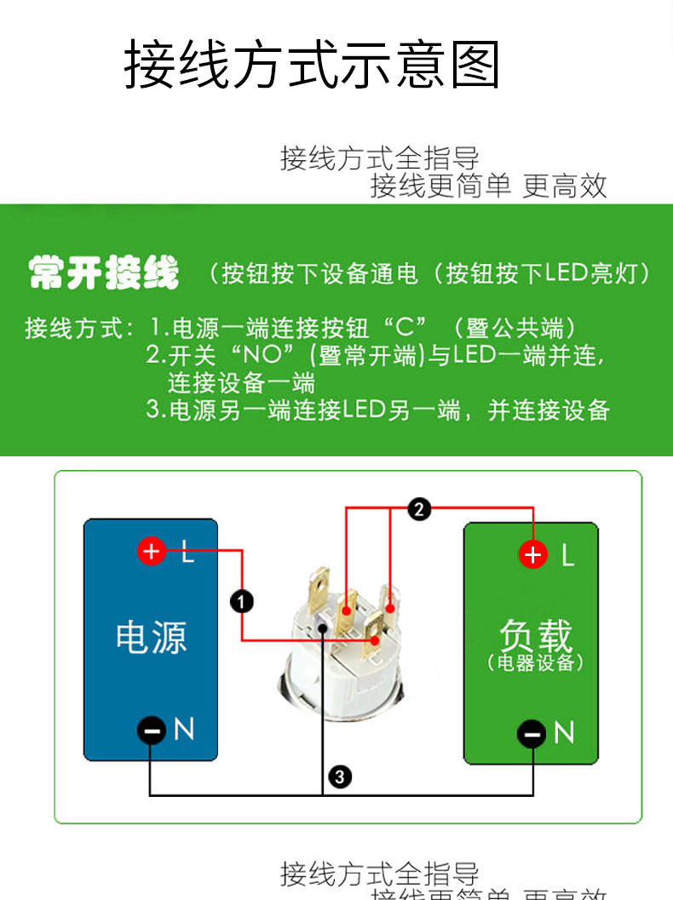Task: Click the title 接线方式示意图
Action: [x=312, y=65]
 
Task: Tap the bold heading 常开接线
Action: [x=104, y=273]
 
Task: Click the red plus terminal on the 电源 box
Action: [x=152, y=552]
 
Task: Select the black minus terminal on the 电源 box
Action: [x=152, y=730]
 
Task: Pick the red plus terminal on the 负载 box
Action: [x=533, y=555]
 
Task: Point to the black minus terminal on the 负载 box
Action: [x=533, y=732]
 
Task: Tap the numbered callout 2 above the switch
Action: [x=418, y=509]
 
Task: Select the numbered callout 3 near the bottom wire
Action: [x=339, y=776]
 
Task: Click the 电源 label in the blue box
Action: [x=151, y=637]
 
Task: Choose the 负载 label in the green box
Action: [x=535, y=634]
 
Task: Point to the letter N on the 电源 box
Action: [x=184, y=729]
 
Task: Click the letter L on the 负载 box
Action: [x=567, y=556]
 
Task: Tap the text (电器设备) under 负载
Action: [x=535, y=662]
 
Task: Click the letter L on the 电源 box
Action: [x=188, y=553]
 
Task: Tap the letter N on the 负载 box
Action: [x=564, y=732]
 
